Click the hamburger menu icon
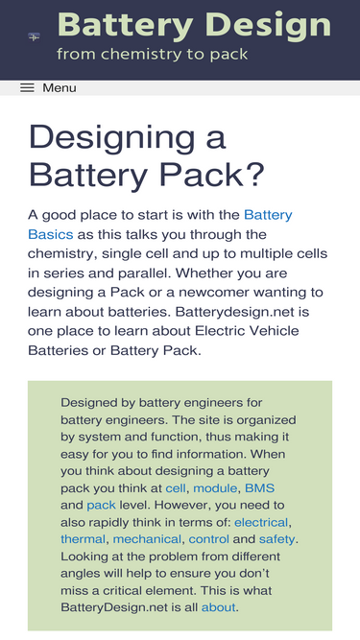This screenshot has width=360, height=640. tap(27, 87)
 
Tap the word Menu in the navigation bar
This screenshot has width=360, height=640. tap(60, 87)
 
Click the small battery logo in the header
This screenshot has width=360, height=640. tap(34, 37)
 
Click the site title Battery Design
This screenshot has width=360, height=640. tap(194, 25)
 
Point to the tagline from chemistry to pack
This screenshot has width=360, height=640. tap(153, 54)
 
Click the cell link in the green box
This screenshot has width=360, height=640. tap(176, 488)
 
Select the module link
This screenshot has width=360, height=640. tap(215, 488)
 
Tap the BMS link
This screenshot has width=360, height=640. tap(259, 488)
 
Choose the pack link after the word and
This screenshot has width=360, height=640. tap(101, 506)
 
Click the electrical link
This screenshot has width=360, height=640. tap(261, 522)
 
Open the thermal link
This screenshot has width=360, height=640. tap(84, 539)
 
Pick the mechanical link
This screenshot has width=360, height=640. tap(147, 539)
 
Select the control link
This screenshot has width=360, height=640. tap(209, 539)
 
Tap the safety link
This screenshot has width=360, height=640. tap(276, 539)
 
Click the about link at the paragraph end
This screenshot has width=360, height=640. tap(218, 607)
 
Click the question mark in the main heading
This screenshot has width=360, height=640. tap(254, 175)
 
